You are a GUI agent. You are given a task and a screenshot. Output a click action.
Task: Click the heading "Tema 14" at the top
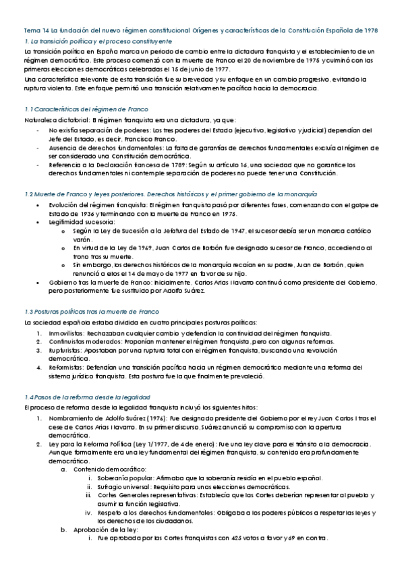click(35, 31)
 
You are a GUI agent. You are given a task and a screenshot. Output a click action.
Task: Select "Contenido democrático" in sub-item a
click(105, 468)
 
